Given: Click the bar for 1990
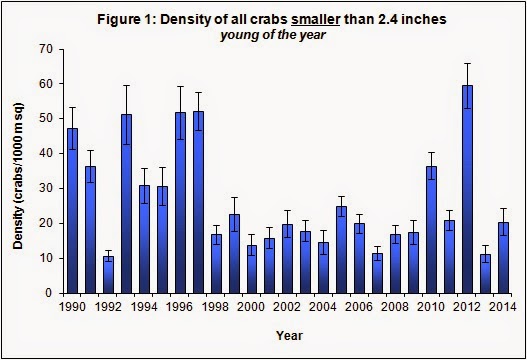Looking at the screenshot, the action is pos(72,211).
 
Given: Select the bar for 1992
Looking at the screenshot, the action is pos(108,275).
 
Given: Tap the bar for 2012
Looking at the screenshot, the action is pos(467,189).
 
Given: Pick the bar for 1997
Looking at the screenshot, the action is pos(198,202).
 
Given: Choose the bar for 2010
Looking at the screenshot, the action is pos(431,230).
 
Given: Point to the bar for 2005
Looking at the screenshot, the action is pos(341,250).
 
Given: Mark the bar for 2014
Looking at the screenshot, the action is pos(503,258).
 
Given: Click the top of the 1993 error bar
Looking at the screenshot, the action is pos(126,85).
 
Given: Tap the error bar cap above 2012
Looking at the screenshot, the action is pos(467,64).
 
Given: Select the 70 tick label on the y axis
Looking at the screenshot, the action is pos(47,49).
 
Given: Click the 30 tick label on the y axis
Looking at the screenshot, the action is pos(47,189).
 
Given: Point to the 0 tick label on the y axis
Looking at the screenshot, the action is pos(49,293).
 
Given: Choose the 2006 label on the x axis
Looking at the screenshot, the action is pos(359,307).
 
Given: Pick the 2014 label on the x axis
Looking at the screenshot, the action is pos(503,307).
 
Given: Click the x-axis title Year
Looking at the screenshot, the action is pos(289,335).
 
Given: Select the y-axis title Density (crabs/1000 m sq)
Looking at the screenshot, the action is pos(18,176).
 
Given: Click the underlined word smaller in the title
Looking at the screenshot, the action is pos(316,19).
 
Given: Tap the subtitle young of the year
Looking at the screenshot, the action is pos(273,35).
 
